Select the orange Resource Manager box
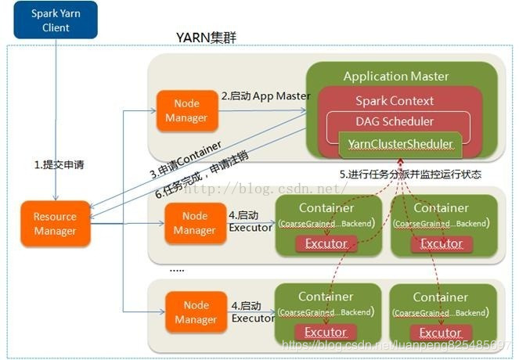(55, 223)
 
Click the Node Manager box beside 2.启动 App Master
(186, 110)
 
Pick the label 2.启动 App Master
(265, 96)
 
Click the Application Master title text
(396, 76)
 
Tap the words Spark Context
(395, 100)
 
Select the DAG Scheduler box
(395, 121)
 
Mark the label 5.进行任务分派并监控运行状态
(410, 174)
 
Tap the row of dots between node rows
(177, 268)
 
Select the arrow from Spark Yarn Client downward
(56, 117)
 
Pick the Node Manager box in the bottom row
(190, 311)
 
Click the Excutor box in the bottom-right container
(442, 333)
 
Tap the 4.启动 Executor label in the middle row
(250, 221)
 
